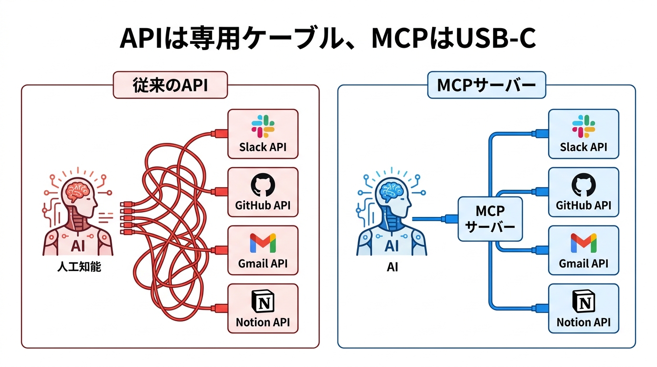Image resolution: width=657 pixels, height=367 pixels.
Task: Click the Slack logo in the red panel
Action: point(263,126)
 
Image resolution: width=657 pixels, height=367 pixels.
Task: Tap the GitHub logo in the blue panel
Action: point(583,185)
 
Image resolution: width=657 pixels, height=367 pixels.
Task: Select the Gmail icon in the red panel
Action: point(263,243)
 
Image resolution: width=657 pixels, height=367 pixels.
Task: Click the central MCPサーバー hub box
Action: point(490,218)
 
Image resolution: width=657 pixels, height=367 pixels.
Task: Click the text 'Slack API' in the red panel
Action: point(263,147)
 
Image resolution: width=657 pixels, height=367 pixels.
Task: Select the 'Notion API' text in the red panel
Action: point(263,322)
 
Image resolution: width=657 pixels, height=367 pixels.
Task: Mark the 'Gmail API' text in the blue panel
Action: point(583,263)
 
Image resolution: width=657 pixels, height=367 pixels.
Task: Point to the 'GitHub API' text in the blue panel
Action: point(583,205)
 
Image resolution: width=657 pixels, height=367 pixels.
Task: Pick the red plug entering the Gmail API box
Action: point(221,249)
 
